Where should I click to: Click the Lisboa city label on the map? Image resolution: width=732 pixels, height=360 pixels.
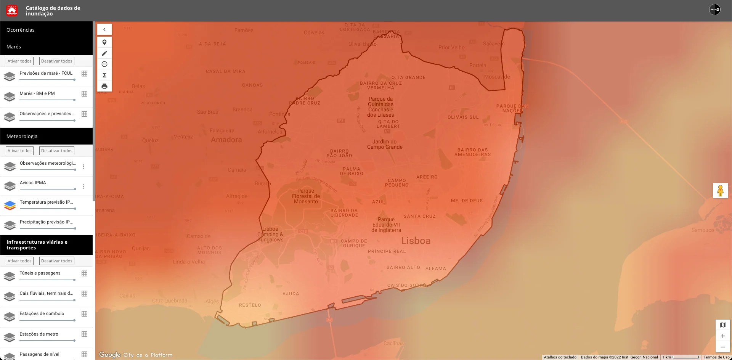click(x=416, y=241)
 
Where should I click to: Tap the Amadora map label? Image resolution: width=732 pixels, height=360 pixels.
click(x=226, y=140)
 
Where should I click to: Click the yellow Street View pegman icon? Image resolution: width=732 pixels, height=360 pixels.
click(x=720, y=190)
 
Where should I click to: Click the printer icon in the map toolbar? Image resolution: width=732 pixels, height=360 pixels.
click(x=104, y=86)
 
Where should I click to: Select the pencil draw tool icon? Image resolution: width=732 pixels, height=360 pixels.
click(x=104, y=53)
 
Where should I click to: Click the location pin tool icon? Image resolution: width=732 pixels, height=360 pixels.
click(x=104, y=42)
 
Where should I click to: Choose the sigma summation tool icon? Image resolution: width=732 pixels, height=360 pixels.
click(x=104, y=75)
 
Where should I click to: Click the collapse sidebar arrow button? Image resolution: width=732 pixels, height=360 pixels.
click(x=104, y=29)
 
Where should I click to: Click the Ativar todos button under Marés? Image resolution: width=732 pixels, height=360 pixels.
click(x=20, y=61)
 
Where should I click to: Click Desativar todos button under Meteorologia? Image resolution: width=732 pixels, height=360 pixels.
click(x=56, y=151)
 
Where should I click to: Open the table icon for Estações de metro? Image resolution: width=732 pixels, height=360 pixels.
click(x=85, y=334)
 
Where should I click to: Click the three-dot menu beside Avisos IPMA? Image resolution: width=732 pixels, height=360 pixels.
click(x=83, y=186)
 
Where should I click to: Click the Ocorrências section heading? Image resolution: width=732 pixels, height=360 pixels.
click(x=21, y=30)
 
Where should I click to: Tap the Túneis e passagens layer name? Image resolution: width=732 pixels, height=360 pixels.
click(x=40, y=273)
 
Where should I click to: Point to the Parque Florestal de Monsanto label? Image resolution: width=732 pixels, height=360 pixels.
click(x=306, y=196)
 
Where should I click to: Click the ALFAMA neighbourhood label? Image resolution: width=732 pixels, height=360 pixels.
click(x=435, y=268)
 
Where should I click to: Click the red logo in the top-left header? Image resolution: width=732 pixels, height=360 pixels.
click(x=12, y=10)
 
